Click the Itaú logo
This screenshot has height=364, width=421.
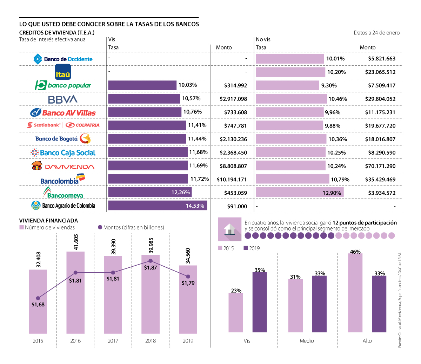click(x=63, y=72)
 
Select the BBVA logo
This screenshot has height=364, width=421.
click(x=63, y=99)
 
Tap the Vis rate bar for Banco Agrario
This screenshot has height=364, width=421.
click(x=158, y=205)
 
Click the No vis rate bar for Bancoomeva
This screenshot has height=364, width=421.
click(x=300, y=192)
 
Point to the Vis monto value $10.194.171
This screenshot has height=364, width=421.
click(x=232, y=179)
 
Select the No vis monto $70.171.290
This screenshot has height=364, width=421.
click(x=380, y=166)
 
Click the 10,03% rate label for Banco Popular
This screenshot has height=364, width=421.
click(x=188, y=85)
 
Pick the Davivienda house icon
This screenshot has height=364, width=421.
click(x=37, y=165)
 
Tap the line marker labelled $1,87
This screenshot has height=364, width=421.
click(x=151, y=261)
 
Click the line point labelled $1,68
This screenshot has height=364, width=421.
click(x=38, y=298)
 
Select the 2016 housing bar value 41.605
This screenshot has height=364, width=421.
click(x=76, y=242)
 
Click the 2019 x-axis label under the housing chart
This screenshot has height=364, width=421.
click(x=188, y=341)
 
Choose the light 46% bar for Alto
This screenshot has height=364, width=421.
click(x=355, y=293)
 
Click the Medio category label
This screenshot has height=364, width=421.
click(x=307, y=341)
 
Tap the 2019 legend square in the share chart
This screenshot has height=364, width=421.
click(x=246, y=248)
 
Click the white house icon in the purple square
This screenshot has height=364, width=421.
click(x=229, y=229)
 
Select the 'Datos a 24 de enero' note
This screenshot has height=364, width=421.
click(x=376, y=33)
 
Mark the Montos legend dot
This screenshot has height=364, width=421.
click(x=100, y=227)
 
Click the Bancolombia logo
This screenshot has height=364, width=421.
click(x=63, y=179)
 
